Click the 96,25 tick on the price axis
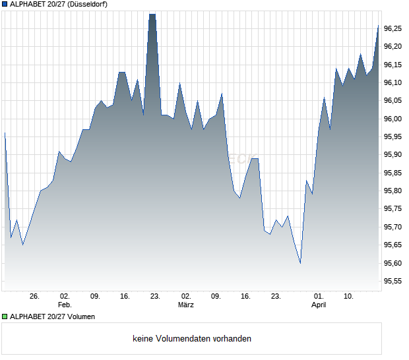[x=393, y=28]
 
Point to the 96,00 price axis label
[x=393, y=119]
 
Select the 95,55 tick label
[x=393, y=282]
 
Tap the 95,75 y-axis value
[x=393, y=209]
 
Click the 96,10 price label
[x=393, y=82]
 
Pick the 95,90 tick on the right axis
[x=393, y=155]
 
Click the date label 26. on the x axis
[x=35, y=297]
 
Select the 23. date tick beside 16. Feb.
[x=155, y=297]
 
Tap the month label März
[x=186, y=305]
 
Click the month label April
[x=319, y=305]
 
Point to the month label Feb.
[x=65, y=305]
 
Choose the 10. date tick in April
[x=349, y=297]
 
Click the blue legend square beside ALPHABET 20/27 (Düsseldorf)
[x=5, y=5]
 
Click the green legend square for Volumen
[x=5, y=316]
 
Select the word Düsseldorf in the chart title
[x=86, y=5]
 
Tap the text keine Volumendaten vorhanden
[x=192, y=339]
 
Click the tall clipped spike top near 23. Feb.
[x=152, y=15]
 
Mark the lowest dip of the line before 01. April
[x=300, y=263]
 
